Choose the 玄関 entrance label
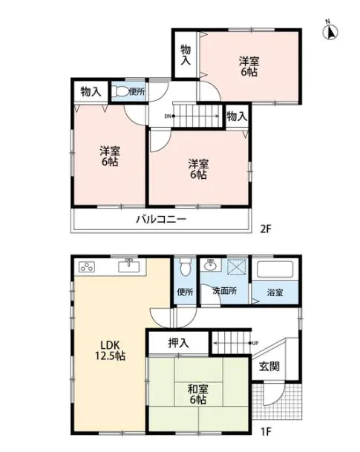269,367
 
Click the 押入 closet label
178,343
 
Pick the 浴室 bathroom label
275,292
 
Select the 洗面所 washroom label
223,292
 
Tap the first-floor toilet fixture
185,266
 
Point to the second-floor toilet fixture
121,92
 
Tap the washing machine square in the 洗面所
235,267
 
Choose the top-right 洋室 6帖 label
249,67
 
